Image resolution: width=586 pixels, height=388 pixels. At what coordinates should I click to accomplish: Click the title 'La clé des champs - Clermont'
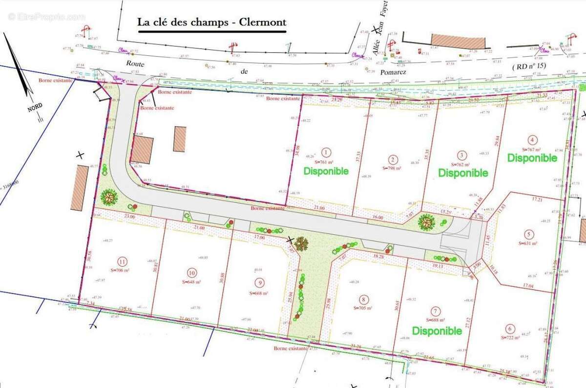pyautogui.click(x=211, y=22)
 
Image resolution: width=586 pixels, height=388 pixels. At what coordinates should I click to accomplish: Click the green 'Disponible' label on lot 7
pyautogui.click(x=437, y=331)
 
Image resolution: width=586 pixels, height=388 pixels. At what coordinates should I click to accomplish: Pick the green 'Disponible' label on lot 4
pyautogui.click(x=532, y=158)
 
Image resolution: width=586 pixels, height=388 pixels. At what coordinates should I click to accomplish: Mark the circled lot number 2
pyautogui.click(x=392, y=158)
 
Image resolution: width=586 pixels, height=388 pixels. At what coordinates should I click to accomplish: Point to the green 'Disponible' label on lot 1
pyautogui.click(x=326, y=171)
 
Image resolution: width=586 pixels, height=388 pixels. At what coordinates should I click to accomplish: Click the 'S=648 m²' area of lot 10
pyautogui.click(x=191, y=281)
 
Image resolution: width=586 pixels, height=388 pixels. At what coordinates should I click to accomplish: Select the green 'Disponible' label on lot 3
pyautogui.click(x=463, y=172)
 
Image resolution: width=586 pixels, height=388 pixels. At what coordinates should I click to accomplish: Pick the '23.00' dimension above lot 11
pyautogui.click(x=116, y=216)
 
